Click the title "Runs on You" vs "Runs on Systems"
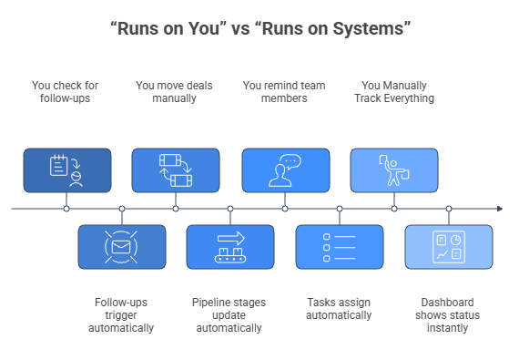point(259,29)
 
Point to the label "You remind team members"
point(285,92)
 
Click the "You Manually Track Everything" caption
point(394,92)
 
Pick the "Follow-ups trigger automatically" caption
point(121,314)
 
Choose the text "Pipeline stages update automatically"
point(230,314)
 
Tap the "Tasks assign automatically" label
point(340,308)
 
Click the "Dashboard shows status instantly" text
point(449,314)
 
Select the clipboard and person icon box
point(66,170)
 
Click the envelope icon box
point(121,247)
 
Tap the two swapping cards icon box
point(176,170)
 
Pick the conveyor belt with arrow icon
point(230,247)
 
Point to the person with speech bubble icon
point(285,170)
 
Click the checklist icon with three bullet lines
point(340,247)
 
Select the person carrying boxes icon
point(394,170)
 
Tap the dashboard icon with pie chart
point(449,247)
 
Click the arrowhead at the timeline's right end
point(499,209)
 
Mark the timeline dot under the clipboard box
point(66,209)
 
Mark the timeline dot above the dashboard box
point(449,209)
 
